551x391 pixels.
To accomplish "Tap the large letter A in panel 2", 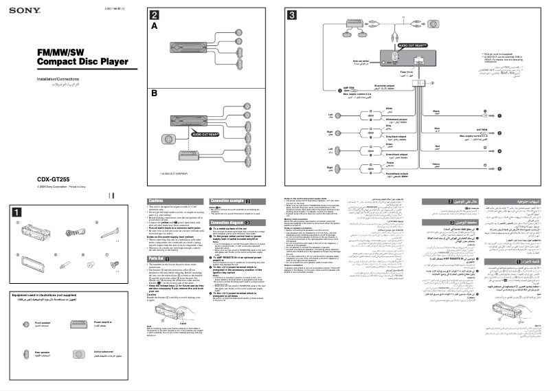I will (154, 25).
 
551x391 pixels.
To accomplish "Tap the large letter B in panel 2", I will (155, 92).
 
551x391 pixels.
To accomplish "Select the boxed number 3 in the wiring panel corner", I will (292, 14).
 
